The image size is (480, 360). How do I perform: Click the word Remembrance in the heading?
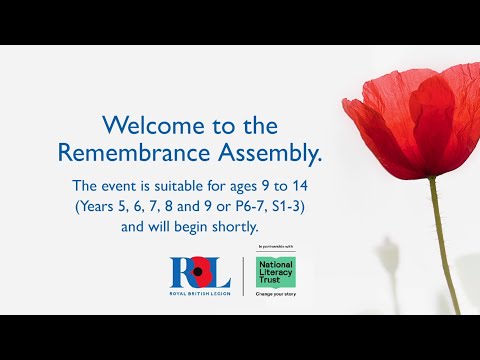(x=120, y=153)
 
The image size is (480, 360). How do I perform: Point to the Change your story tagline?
(x=275, y=295)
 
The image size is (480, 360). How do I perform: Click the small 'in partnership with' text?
(x=275, y=246)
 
